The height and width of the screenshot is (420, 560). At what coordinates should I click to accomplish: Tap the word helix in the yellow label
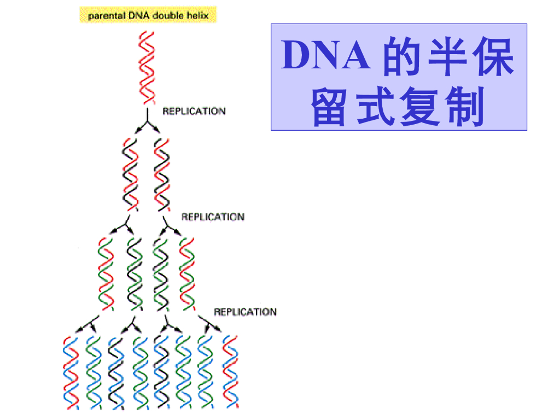point(197,15)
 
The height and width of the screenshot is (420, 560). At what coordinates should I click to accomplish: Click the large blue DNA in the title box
point(326,56)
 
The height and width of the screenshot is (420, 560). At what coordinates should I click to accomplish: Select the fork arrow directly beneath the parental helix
point(147,121)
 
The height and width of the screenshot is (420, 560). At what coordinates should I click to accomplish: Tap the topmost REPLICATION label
point(194,112)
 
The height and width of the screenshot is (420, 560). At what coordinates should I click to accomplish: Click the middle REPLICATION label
point(213,217)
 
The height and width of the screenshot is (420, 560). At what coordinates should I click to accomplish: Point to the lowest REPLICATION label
point(245,312)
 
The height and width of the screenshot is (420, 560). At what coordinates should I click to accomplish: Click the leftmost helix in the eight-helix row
point(71,372)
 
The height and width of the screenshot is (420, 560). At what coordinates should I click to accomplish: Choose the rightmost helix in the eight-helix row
point(230,372)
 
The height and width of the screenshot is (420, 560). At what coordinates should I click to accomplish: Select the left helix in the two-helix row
point(130,175)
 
